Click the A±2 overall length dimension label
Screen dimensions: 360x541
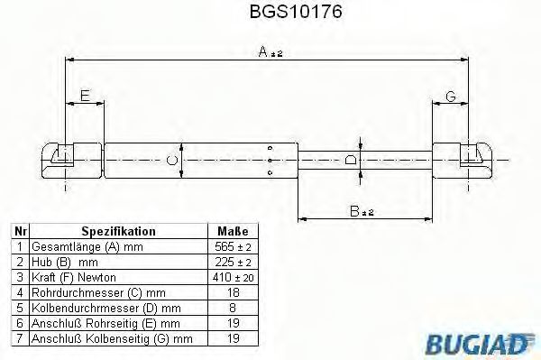[269, 52]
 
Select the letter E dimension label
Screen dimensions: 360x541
[85, 95]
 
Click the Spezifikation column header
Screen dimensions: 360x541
[118, 231]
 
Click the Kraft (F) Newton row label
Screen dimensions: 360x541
[73, 276]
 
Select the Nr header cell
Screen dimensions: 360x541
[17, 231]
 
